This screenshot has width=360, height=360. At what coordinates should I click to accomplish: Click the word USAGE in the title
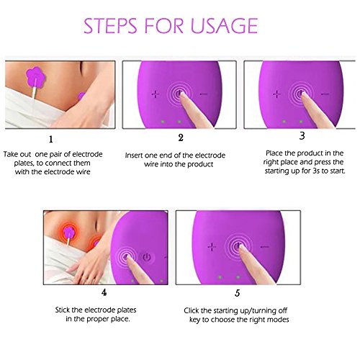224,26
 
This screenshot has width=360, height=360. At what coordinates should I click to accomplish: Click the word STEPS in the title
110,26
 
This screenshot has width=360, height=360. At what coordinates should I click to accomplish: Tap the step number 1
51,139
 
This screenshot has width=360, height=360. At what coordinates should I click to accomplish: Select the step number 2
181,138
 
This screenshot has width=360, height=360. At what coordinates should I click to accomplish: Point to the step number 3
302,136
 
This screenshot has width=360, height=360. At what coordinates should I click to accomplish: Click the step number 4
104,292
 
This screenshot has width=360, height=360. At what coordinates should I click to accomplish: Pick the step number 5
238,293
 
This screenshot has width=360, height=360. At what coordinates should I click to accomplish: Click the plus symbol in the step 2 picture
156,94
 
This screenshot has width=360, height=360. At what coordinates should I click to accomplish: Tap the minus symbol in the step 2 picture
203,94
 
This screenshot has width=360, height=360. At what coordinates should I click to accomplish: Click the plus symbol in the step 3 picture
276,94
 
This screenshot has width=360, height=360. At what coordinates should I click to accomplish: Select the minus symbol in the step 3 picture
325,94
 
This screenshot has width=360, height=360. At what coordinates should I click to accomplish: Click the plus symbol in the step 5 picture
212,247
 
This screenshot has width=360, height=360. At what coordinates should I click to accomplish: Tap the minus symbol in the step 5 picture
265,247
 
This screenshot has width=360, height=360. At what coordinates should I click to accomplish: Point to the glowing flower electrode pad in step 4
69,232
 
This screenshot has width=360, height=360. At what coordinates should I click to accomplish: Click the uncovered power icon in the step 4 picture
147,257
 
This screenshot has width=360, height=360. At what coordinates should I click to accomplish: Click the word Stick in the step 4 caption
63,310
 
